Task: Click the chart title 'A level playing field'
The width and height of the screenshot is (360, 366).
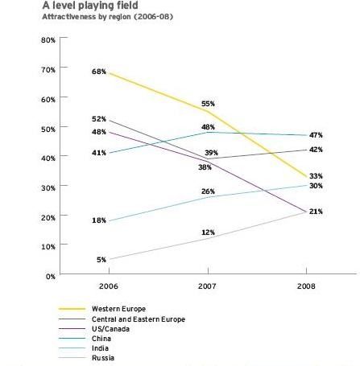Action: pos(90,5)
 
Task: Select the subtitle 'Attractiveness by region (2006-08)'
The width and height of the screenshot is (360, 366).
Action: pos(108,17)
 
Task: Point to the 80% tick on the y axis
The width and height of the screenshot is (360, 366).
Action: pos(48,40)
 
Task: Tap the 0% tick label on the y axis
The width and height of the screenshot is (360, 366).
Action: pos(50,277)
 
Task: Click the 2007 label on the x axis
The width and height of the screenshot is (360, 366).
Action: pos(207,286)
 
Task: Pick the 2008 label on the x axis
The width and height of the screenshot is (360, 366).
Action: pos(306,286)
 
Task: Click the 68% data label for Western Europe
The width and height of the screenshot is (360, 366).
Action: pos(99,72)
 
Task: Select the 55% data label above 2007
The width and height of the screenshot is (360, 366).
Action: pos(208,104)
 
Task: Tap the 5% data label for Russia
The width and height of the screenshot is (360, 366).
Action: pos(101,260)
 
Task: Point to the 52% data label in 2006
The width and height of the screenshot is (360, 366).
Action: pos(99,119)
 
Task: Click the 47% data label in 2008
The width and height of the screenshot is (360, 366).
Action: pos(316,135)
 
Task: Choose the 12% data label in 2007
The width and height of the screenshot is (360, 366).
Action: pos(208,232)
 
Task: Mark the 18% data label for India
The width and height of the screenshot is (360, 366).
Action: pos(99,220)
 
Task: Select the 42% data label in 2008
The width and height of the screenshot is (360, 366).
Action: pos(316,150)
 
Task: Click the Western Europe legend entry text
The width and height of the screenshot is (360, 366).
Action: pos(118,309)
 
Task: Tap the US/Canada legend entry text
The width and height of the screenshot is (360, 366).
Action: pos(110,329)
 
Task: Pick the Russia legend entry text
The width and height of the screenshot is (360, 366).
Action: pos(103,358)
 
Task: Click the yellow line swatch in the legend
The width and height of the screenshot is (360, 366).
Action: pos(72,309)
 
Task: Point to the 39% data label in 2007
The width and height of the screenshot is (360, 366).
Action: pos(211,153)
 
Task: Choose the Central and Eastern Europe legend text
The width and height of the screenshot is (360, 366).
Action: pos(139,319)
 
